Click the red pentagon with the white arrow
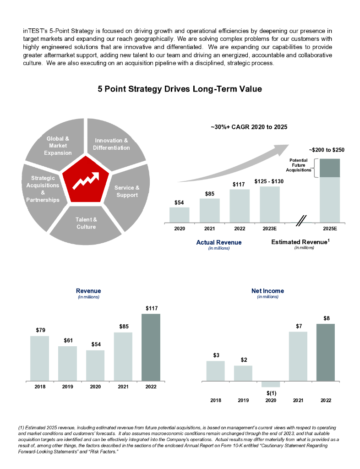(87, 182)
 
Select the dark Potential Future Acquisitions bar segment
(330, 168)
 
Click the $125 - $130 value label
(269, 181)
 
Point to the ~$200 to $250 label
(327, 150)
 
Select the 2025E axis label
(330, 229)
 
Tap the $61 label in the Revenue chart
(67, 340)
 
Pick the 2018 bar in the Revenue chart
(40, 358)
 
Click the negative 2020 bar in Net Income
(271, 384)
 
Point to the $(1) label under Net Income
(271, 393)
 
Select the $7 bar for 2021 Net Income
(298, 356)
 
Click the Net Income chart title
(267, 291)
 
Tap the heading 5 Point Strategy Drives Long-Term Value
(180, 89)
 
